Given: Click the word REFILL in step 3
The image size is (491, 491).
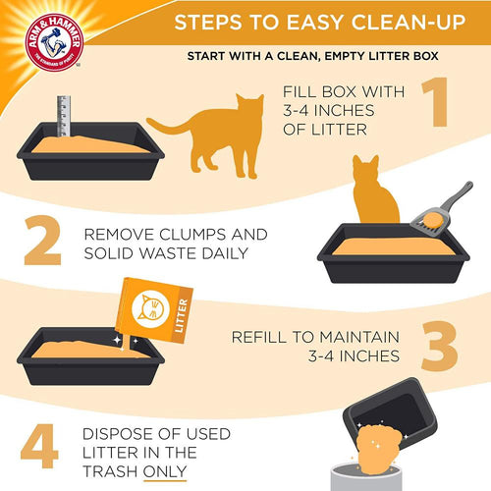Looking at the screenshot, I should [x=261, y=336].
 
